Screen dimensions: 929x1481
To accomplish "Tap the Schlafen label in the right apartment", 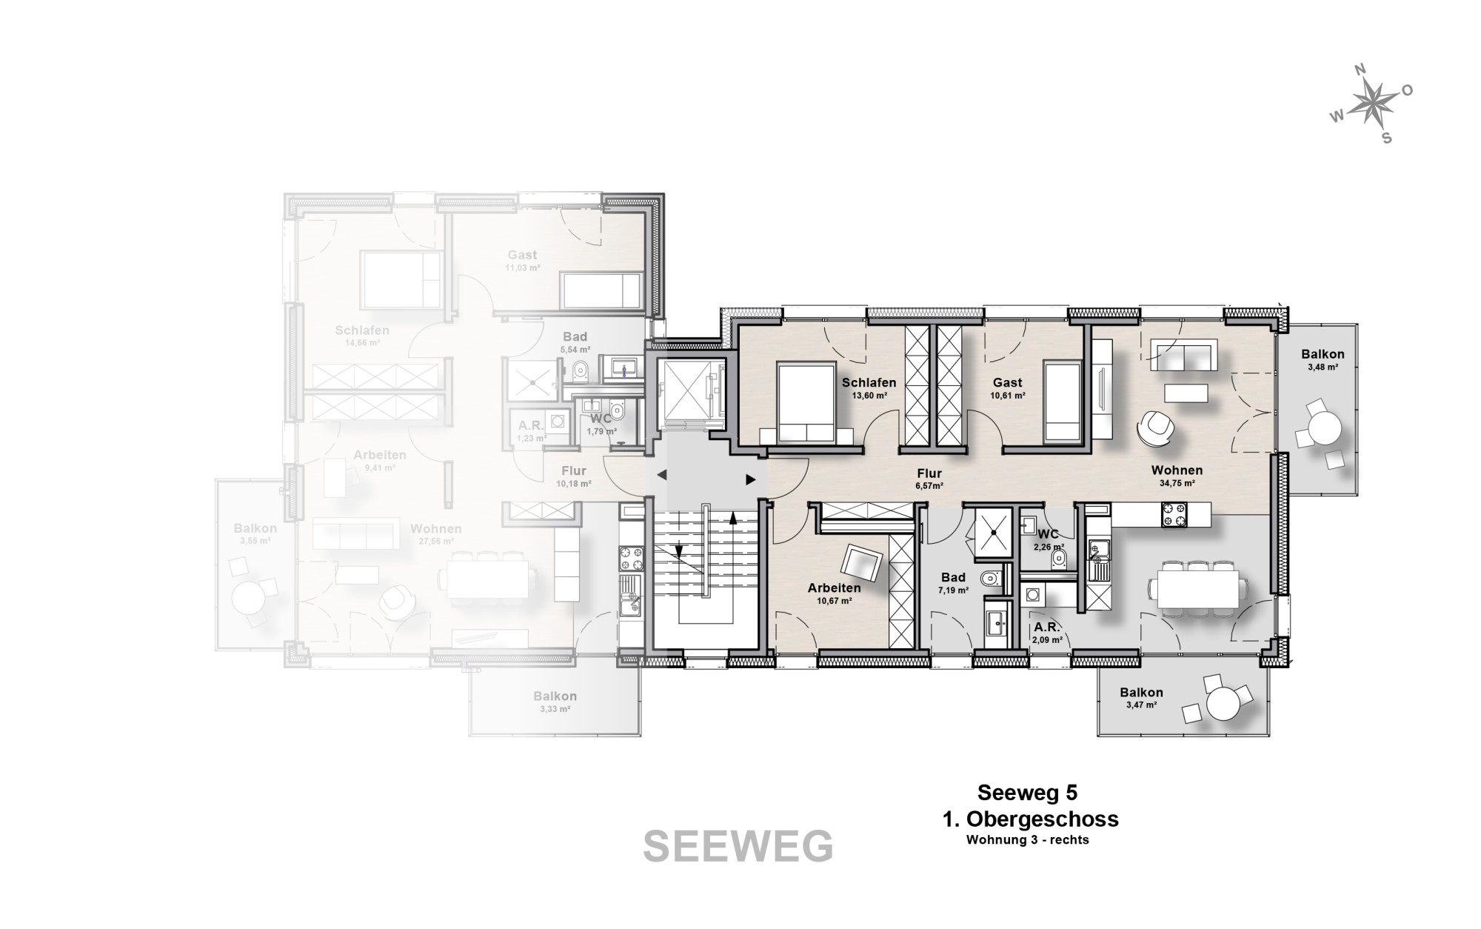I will click(x=869, y=383).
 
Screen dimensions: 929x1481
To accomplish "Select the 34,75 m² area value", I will click(x=1177, y=483).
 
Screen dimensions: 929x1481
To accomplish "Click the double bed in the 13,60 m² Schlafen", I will click(x=806, y=403).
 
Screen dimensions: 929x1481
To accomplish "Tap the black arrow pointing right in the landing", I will click(x=751, y=480).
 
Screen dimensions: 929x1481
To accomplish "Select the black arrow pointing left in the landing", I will click(x=662, y=475).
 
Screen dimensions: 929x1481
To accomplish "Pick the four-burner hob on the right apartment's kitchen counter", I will click(x=1173, y=514).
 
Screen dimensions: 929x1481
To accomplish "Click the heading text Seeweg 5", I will click(x=1027, y=793).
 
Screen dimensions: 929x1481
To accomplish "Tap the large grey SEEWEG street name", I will click(x=738, y=847).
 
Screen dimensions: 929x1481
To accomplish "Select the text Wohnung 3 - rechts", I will click(x=1027, y=840).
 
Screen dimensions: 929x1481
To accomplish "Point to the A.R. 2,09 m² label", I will click(x=1048, y=632).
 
